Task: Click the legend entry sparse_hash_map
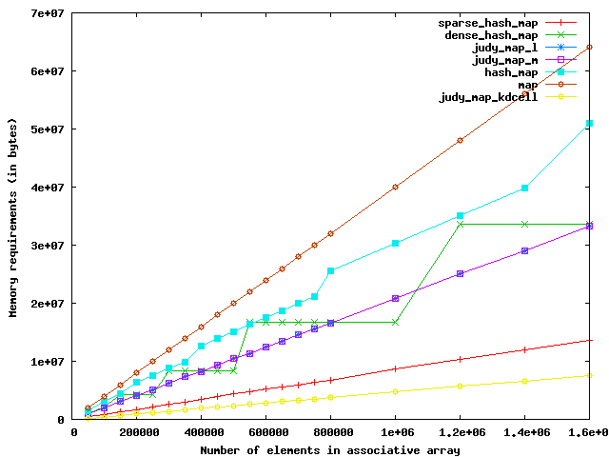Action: pyautogui.click(x=486, y=22)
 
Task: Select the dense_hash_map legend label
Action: pyautogui.click(x=486, y=34)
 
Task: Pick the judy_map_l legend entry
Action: pyautogui.click(x=505, y=47)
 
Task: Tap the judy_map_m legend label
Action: pyautogui.click(x=505, y=59)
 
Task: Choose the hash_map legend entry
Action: pyautogui.click(x=512, y=71)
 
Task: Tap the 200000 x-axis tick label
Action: pyautogui.click(x=139, y=433)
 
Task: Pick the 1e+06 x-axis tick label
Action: pyautogui.click(x=395, y=433)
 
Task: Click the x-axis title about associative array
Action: pyautogui.click(x=330, y=449)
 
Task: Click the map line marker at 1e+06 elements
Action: pyautogui.click(x=395, y=187)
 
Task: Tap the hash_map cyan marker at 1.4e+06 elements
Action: pyautogui.click(x=524, y=189)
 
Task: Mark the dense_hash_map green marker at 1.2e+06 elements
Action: pyautogui.click(x=460, y=224)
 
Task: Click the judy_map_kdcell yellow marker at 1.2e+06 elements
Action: pyautogui.click(x=460, y=386)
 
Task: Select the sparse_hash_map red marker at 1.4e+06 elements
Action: pyautogui.click(x=524, y=349)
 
